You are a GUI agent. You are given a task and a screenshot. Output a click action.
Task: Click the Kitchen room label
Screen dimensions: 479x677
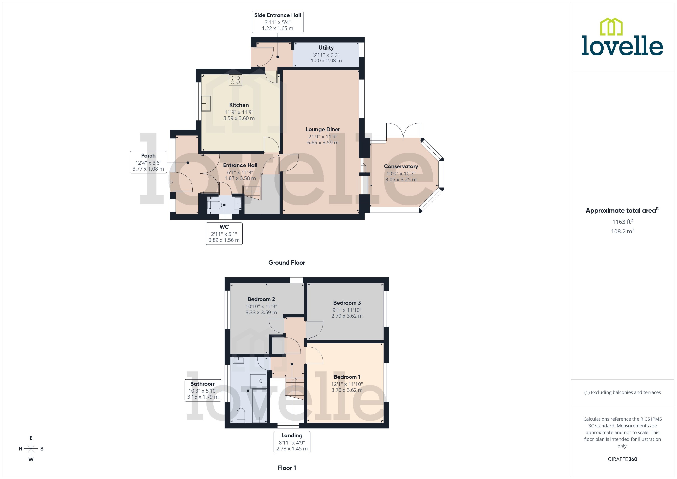coord(239,105)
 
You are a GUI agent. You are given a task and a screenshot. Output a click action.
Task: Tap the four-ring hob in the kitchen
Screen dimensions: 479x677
coord(235,80)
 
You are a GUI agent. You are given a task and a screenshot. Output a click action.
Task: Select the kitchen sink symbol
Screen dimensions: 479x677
coord(206,103)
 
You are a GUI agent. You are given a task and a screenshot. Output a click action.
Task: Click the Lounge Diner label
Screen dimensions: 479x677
coord(323,130)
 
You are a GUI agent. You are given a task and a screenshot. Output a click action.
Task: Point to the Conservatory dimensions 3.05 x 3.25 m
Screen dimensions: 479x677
coord(401,180)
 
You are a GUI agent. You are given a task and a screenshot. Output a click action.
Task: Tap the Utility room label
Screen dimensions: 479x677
coord(326,48)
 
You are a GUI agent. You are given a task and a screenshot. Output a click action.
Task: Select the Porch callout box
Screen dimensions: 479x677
coord(148,162)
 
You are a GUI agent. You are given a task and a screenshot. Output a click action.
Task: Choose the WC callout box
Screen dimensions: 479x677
coord(224,233)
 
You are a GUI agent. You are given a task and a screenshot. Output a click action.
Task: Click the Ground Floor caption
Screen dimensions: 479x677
coord(286,262)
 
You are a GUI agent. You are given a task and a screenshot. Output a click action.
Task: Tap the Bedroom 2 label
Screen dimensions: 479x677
coord(261,299)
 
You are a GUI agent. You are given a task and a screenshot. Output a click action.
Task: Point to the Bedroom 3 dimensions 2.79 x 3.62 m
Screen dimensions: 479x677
coord(347,316)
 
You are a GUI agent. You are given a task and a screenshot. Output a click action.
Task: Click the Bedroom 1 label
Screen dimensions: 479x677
coord(347,377)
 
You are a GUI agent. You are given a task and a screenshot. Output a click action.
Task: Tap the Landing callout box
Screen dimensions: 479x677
coord(292,442)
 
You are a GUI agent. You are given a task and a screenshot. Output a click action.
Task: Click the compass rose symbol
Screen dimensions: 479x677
coord(31,449)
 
